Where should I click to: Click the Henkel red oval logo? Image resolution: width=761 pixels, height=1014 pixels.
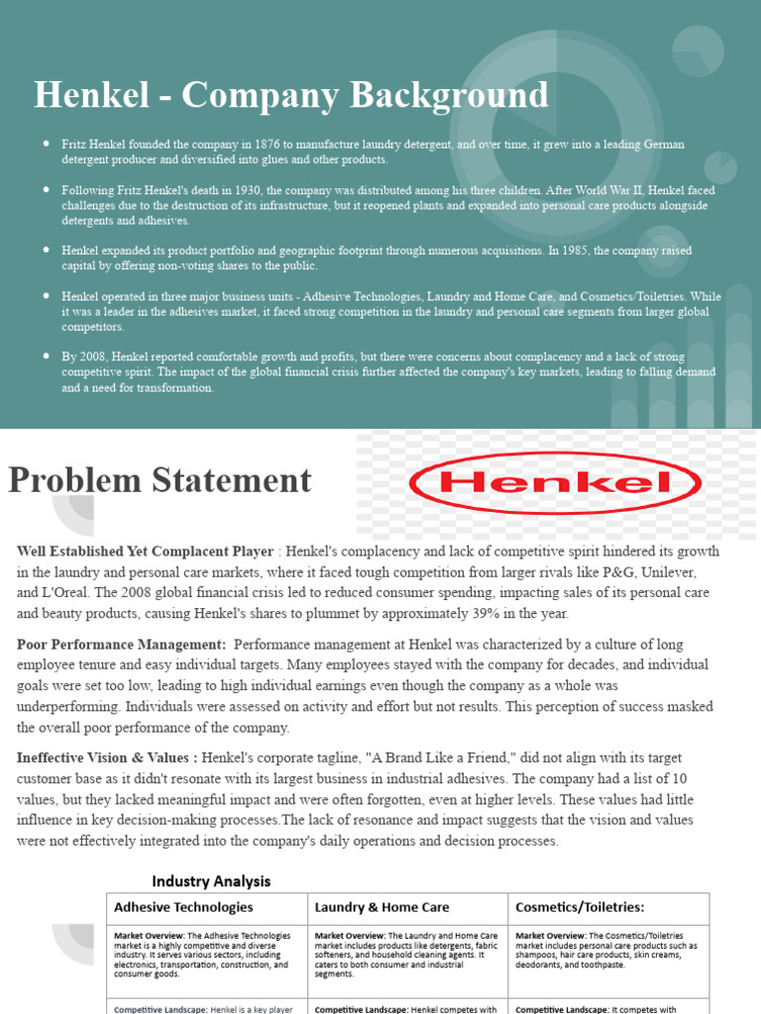[x=555, y=483]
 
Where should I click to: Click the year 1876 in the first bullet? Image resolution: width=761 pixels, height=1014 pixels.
[x=265, y=145]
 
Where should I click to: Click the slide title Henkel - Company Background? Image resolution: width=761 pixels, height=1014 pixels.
[x=290, y=95]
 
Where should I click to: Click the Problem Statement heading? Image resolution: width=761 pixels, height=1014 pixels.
[x=160, y=480]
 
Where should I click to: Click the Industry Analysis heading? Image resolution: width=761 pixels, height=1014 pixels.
[x=210, y=881]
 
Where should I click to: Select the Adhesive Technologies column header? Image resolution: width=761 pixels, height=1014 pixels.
[x=183, y=907]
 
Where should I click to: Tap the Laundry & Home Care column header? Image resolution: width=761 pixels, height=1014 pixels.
[x=381, y=907]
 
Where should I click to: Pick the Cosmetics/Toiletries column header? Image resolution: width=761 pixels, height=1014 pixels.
[x=582, y=907]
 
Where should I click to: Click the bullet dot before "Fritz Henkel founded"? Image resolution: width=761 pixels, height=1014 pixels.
[x=47, y=145]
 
